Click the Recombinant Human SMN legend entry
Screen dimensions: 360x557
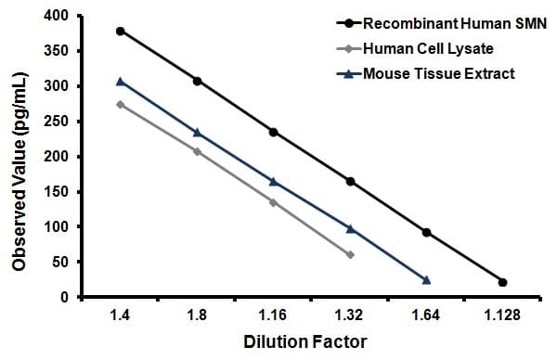(x=446, y=21)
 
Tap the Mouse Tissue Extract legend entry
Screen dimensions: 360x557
(x=441, y=72)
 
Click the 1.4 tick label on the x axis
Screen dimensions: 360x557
(x=120, y=315)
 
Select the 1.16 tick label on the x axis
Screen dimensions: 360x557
(x=273, y=315)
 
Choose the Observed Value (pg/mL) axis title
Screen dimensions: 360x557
(x=19, y=156)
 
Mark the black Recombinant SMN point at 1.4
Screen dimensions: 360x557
(x=120, y=31)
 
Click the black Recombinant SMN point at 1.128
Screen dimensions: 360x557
(x=502, y=282)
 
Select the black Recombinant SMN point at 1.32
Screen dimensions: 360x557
(x=350, y=181)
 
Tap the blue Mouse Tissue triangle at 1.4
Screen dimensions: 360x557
(x=120, y=82)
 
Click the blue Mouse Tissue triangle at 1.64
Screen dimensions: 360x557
(x=426, y=279)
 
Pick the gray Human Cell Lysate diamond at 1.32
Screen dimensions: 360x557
(x=350, y=254)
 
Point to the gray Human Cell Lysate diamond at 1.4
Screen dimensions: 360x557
(x=120, y=104)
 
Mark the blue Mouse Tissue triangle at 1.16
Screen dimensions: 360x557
(x=273, y=181)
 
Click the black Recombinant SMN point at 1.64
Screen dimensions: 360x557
(x=426, y=232)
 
